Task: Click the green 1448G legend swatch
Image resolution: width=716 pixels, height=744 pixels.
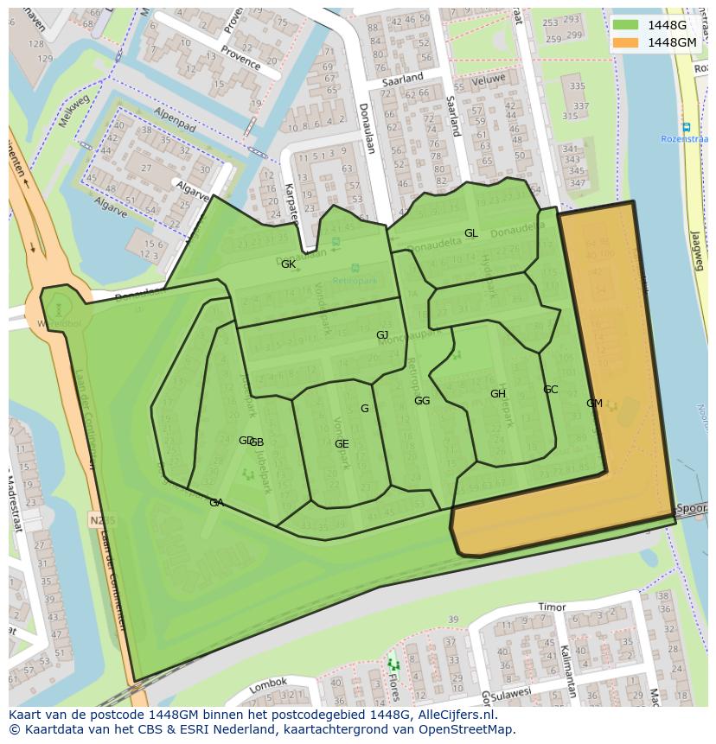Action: pyautogui.click(x=626, y=25)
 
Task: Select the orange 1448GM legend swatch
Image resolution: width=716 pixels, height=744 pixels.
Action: pyautogui.click(x=626, y=42)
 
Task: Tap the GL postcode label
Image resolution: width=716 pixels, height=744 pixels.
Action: pyautogui.click(x=470, y=233)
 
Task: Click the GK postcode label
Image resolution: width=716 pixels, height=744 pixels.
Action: pyautogui.click(x=288, y=264)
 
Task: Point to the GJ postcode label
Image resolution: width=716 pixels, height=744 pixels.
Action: pyautogui.click(x=382, y=335)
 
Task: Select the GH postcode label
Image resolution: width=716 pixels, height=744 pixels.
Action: pyautogui.click(x=497, y=394)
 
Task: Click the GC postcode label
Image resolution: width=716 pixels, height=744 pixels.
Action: pyautogui.click(x=550, y=390)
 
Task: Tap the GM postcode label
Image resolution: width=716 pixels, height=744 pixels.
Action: pyautogui.click(x=594, y=404)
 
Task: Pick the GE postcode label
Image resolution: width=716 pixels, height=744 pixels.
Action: pyautogui.click(x=342, y=444)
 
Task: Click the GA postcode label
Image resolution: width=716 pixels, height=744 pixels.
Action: pyautogui.click(x=216, y=503)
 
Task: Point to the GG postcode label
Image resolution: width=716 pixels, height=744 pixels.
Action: pyautogui.click(x=422, y=401)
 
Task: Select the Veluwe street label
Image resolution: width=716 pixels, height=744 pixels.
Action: pyautogui.click(x=488, y=79)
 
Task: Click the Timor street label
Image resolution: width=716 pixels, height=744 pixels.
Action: pyautogui.click(x=552, y=607)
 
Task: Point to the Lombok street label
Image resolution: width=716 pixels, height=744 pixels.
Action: pyautogui.click(x=267, y=685)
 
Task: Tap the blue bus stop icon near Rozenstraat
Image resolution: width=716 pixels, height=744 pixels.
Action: pyautogui.click(x=686, y=127)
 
